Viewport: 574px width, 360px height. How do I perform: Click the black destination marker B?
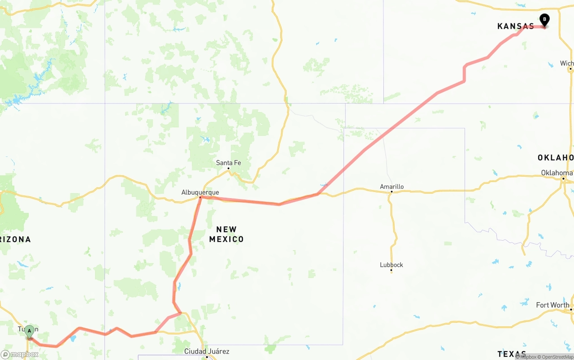point(544,20)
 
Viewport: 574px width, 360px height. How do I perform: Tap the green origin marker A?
point(29,332)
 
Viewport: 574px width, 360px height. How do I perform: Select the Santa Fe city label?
point(228,163)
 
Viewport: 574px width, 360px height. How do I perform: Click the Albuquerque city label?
point(200,192)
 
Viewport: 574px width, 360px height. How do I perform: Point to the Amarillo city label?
point(391,187)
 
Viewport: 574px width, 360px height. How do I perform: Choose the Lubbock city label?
point(391,265)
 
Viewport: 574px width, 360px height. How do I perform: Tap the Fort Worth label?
point(552,305)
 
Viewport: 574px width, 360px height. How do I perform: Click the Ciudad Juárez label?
point(207,351)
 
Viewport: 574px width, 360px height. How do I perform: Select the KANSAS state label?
point(515,26)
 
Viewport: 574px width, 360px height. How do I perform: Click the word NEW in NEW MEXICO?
point(226,230)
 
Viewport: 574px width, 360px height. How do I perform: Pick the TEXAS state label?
point(512,354)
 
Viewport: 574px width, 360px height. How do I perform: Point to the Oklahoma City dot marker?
point(564,178)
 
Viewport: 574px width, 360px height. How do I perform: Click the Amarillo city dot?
point(391,192)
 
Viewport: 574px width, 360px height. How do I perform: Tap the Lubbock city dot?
point(391,270)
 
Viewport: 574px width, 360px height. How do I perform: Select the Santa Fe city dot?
point(228,169)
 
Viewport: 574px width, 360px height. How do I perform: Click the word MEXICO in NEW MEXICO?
point(226,239)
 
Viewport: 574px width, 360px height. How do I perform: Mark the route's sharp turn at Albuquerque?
point(200,197)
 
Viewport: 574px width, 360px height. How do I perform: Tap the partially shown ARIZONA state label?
point(15,239)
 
